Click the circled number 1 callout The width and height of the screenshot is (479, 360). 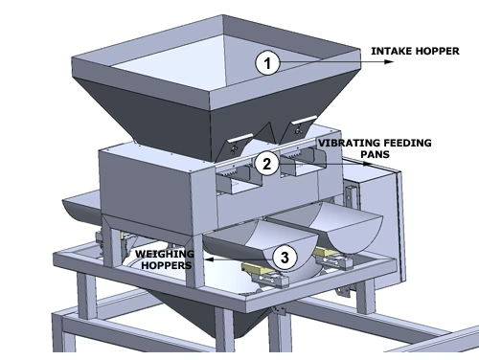[267, 62]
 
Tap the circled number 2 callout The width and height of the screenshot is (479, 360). [267, 164]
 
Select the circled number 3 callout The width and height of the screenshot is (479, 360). [285, 257]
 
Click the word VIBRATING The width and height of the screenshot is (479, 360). [350, 143]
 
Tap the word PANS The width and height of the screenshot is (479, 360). [376, 154]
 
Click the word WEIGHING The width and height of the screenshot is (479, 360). [165, 254]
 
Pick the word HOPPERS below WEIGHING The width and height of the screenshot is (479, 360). [167, 265]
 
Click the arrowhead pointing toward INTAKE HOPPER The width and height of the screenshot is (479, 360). [389, 62]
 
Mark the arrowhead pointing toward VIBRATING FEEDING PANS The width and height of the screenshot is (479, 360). [368, 164]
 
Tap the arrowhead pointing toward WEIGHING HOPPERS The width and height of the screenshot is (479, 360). [209, 259]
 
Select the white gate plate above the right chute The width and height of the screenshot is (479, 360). [304, 120]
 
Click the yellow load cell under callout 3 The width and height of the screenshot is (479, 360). [257, 268]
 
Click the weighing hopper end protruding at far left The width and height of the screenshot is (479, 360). [81, 206]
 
